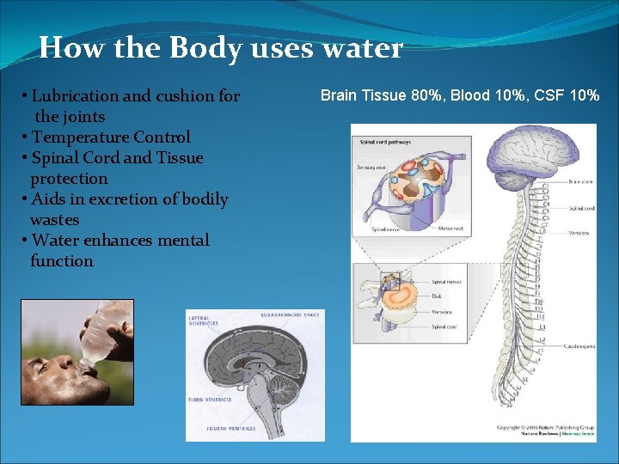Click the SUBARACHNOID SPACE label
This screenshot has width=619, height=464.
(x=289, y=315)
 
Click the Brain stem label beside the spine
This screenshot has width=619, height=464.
(x=579, y=181)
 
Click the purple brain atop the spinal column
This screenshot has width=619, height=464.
(x=516, y=151)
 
